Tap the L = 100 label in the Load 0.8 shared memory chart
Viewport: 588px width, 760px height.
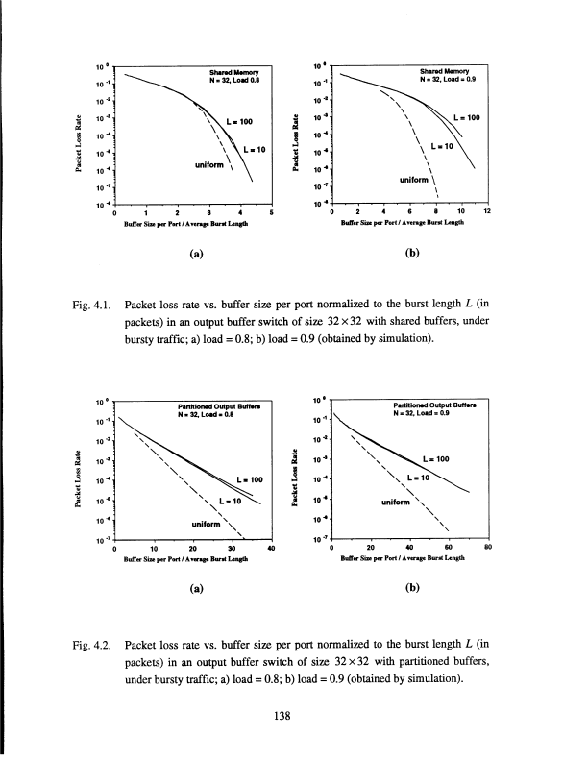point(240,122)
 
